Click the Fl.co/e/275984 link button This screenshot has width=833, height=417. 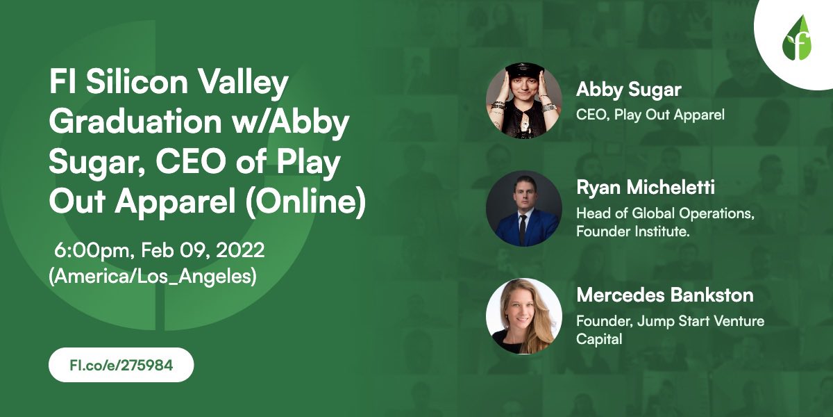click(x=121, y=365)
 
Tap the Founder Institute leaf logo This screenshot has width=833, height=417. click(x=797, y=38)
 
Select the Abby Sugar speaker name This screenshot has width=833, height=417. click(x=628, y=90)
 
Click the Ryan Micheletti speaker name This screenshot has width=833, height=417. click(x=645, y=187)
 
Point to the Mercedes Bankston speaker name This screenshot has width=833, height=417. click(x=665, y=295)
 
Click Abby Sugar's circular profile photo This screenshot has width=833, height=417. click(x=523, y=101)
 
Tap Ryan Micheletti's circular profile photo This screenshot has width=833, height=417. click(x=523, y=208)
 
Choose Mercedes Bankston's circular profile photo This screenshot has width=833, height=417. click(x=523, y=316)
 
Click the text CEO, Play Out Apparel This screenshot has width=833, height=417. click(x=650, y=115)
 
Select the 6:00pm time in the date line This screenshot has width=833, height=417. click(x=92, y=250)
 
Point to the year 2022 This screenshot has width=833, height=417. click(x=240, y=250)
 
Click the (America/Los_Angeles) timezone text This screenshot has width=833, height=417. click(x=153, y=277)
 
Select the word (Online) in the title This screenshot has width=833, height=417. click(x=305, y=202)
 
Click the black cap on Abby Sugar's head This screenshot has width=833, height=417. click(x=524, y=70)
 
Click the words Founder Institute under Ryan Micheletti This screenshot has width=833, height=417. click(x=632, y=231)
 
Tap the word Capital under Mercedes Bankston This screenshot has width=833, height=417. click(x=599, y=340)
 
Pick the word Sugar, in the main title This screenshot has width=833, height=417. click(x=97, y=163)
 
